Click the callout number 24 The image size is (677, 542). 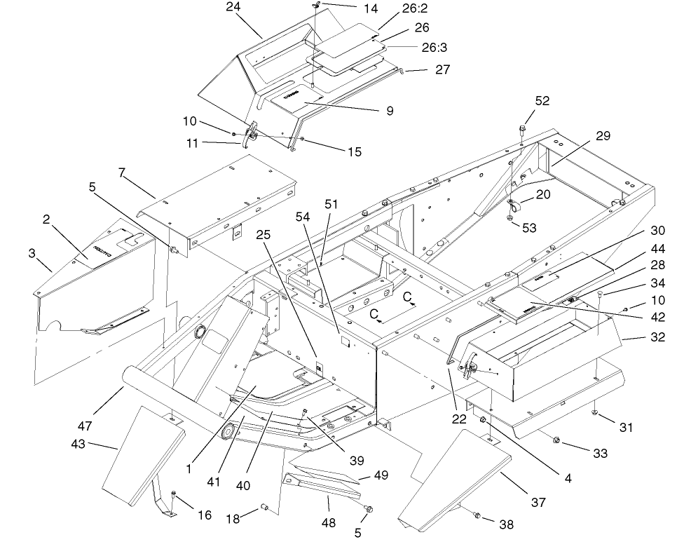point(233,8)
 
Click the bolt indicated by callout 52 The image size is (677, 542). point(523,130)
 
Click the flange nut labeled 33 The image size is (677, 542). point(556,440)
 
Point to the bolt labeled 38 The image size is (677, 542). point(476,516)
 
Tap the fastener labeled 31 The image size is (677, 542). point(594,412)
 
